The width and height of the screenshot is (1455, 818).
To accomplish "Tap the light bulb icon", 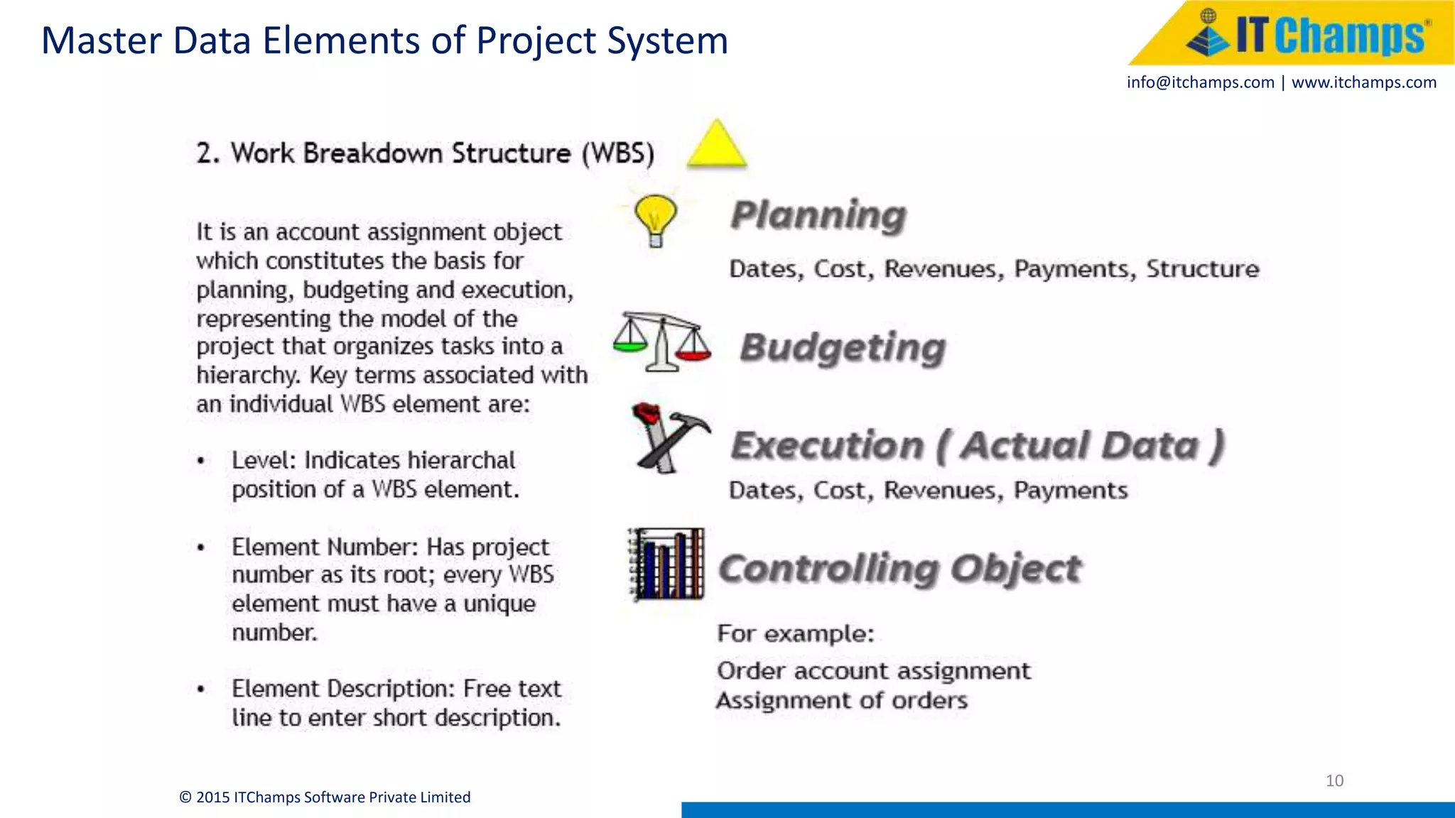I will coord(655,218).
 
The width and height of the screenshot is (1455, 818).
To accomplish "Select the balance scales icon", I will coord(662,342).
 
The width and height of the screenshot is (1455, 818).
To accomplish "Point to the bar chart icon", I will coord(666,565).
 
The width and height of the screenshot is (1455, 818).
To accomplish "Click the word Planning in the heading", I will coord(818,215).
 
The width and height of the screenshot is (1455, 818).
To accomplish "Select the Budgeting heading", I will coord(843,348).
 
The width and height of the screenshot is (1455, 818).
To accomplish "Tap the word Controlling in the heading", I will coord(829,569).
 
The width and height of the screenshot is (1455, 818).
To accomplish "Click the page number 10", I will coord(1334,781).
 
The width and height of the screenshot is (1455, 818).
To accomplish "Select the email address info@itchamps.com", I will coord(1200,82).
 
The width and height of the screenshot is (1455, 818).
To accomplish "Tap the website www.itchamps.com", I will coord(1363,82).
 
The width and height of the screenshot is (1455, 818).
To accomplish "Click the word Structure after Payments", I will coord(1202,269).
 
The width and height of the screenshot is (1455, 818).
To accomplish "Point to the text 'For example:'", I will coord(795,633).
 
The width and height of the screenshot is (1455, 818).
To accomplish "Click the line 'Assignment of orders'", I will coord(841,701).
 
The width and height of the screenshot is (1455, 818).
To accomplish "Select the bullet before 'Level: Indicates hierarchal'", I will coord(201,461).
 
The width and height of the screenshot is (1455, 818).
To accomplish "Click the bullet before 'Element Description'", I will coord(201,689).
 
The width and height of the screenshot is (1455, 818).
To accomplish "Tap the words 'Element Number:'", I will coord(325,547).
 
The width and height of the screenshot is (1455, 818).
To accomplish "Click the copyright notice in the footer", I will coord(325,797).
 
